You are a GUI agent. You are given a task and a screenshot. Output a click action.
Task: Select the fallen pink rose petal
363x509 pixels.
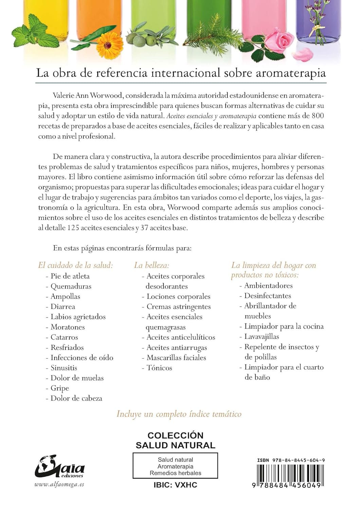303,54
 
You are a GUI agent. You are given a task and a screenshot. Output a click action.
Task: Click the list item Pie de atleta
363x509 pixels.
70,276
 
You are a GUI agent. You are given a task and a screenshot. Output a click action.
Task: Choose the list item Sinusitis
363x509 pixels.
64,367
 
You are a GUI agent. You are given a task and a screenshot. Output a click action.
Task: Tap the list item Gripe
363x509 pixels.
60,388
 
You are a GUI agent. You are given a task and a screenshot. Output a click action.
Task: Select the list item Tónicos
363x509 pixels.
159,367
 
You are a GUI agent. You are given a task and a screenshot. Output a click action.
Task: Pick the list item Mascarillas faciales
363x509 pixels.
176,357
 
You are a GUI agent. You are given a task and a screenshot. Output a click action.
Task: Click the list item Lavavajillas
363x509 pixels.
261,336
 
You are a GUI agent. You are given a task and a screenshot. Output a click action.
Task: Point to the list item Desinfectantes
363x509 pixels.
268,296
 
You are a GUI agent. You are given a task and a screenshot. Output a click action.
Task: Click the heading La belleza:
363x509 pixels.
151,265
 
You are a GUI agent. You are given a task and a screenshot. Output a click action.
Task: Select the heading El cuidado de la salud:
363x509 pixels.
75,265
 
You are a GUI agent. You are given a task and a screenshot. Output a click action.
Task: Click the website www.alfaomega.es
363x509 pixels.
59,484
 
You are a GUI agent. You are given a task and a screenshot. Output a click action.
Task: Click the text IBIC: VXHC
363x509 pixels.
175,485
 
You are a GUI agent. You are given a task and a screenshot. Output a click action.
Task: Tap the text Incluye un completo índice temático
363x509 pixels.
179,414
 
